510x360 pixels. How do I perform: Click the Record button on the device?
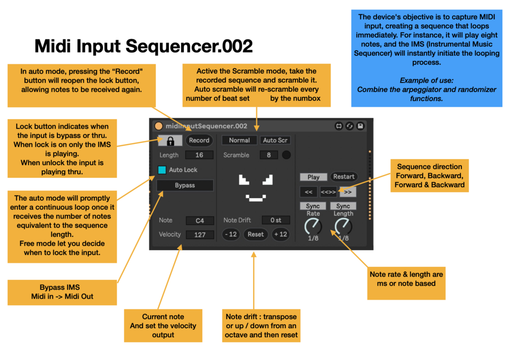199,140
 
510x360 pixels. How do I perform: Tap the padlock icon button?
169,140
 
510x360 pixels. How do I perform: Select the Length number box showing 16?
199,155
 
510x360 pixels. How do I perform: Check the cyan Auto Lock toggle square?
162,170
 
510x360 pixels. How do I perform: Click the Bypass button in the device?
185,186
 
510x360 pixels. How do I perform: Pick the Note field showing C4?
199,221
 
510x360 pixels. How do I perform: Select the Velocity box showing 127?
199,235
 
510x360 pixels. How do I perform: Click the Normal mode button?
239,140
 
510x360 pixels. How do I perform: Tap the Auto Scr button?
276,140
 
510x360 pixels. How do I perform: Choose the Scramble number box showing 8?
268,155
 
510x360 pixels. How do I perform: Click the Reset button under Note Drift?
256,234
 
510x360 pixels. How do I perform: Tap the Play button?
313,177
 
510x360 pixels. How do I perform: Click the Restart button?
344,177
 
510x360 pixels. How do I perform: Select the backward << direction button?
308,192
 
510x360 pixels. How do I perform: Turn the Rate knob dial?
313,226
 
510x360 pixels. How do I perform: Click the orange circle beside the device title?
158,126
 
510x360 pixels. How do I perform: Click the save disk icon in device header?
360,126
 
